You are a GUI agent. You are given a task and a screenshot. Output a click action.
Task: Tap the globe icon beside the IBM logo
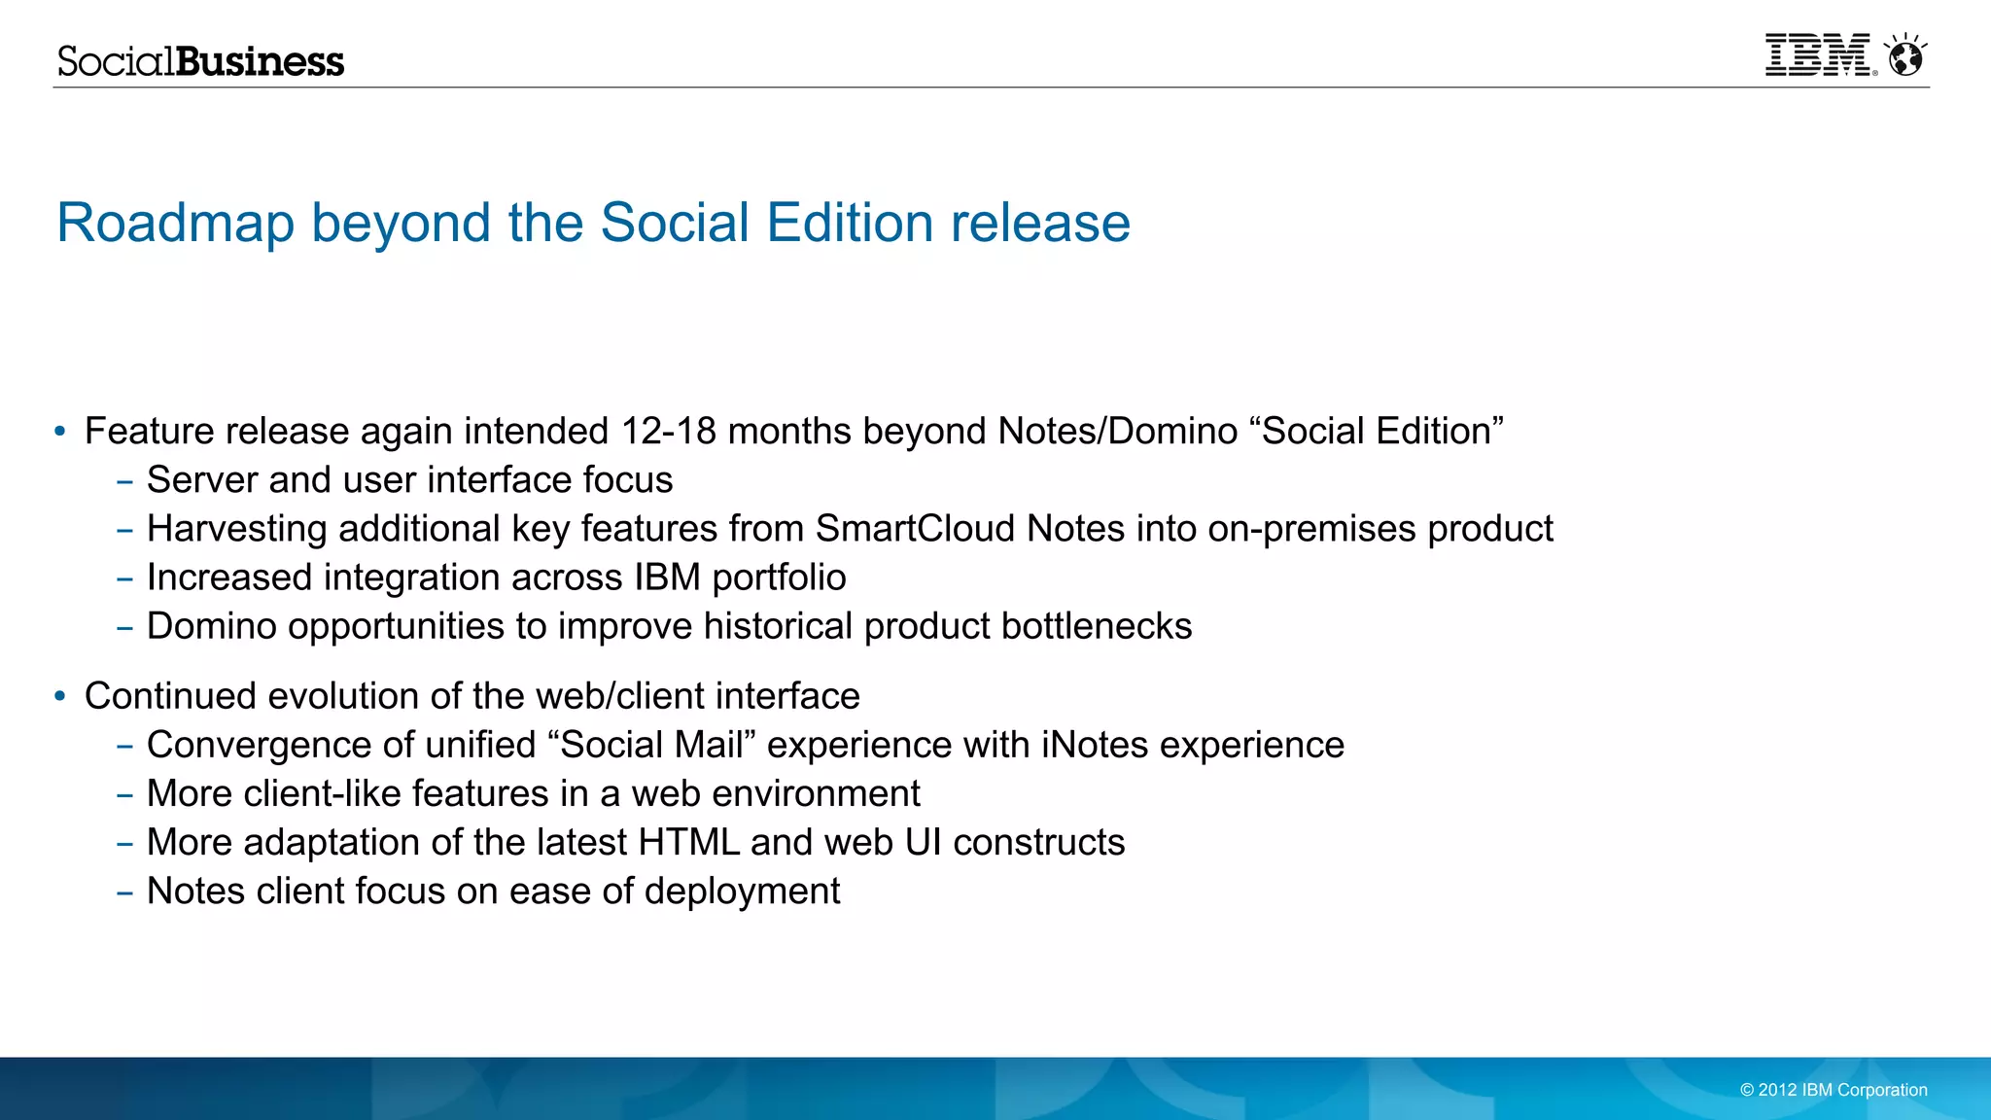coord(1905,56)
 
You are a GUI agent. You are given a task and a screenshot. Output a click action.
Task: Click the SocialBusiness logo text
coord(200,61)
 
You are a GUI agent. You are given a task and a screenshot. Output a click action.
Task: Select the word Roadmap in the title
coord(175,223)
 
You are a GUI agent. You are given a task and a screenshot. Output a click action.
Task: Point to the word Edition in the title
coord(850,223)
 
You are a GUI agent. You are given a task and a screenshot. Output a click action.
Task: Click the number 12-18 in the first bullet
coord(669,431)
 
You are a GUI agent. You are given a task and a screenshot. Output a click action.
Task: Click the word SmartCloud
coord(915,529)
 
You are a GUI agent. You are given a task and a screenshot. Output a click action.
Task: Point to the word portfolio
coord(779,577)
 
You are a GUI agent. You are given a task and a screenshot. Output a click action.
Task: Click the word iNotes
coord(1095,745)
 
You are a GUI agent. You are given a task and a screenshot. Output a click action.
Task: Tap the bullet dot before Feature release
coord(60,431)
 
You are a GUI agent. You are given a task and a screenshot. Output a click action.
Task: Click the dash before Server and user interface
coord(124,481)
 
